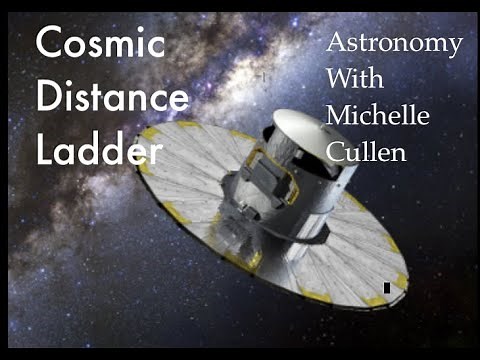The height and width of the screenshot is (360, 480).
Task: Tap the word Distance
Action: pos(110,98)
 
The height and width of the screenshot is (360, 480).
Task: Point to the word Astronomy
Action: pos(395,44)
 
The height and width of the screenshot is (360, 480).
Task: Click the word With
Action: pos(355,80)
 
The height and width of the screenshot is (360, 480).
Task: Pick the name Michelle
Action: pos(378,115)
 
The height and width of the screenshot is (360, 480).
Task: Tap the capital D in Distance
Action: pos(46,98)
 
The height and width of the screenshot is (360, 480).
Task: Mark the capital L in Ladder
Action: pos(44,149)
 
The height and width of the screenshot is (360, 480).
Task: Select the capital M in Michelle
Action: pos(341,115)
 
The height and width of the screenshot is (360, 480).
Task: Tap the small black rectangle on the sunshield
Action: pos(386,287)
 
